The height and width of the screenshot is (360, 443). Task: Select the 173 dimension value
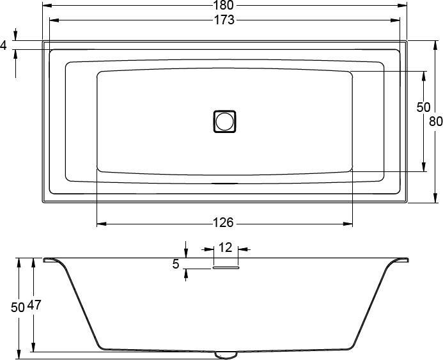(224, 20)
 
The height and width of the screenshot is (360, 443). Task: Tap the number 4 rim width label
(4, 45)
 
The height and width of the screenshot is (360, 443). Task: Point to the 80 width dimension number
(436, 121)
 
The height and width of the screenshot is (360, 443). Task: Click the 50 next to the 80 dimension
(423, 107)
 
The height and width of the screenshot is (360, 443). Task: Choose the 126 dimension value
(223, 223)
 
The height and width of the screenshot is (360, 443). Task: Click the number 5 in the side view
(176, 263)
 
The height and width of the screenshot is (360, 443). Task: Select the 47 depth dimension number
(34, 306)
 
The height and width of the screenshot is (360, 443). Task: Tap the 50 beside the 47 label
(18, 307)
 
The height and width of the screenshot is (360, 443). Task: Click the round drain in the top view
(224, 121)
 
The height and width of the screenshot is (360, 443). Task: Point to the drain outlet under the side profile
(225, 354)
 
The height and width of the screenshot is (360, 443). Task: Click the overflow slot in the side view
(225, 269)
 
